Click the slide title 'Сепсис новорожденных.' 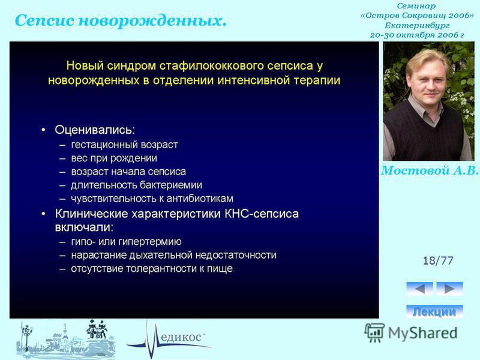point(121,21)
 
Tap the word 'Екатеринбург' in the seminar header point(417,25)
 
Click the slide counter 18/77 point(438,260)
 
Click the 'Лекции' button point(434,311)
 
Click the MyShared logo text point(423,333)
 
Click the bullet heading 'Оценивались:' point(95,130)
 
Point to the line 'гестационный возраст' point(124,145)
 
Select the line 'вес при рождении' point(114,158)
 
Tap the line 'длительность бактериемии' point(136,185)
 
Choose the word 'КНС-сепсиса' point(262,214)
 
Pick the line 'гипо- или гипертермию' point(126,242)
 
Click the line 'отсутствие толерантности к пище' point(152,268)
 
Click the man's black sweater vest point(426,134)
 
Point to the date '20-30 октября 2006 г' point(417,35)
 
